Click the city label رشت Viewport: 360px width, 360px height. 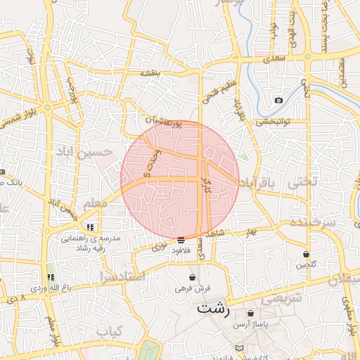(x=214, y=308)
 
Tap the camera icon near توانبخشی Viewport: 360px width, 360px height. (x=279, y=100)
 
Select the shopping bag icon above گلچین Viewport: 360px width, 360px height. (x=306, y=254)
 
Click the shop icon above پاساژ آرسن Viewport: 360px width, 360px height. (x=250, y=313)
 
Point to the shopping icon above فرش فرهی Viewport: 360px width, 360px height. (x=192, y=277)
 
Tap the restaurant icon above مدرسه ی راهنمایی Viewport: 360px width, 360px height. (x=90, y=227)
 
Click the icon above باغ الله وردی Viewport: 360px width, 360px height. (x=50, y=277)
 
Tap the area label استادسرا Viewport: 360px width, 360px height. (x=122, y=276)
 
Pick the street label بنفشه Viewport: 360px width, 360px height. (x=150, y=72)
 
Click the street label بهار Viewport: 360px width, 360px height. (x=252, y=230)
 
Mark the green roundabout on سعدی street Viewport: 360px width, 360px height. (x=308, y=58)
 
